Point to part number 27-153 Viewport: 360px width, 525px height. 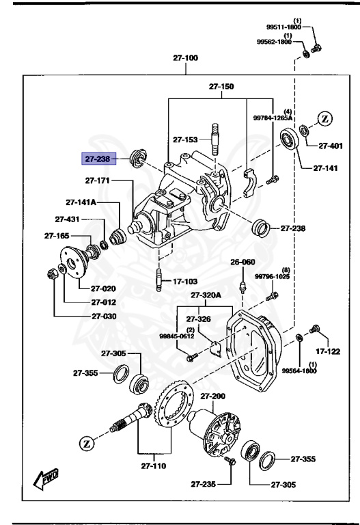click(185, 139)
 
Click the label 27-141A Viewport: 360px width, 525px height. click(81, 202)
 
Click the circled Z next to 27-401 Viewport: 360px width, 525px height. click(325, 118)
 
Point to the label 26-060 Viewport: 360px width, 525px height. click(242, 262)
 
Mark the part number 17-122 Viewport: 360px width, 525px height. click(329, 351)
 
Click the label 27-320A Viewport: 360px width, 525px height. click(206, 295)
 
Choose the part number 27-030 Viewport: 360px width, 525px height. click(99, 317)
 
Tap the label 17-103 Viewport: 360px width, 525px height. click(185, 280)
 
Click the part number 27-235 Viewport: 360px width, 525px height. click(204, 484)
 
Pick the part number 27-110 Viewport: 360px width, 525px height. click(153, 467)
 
